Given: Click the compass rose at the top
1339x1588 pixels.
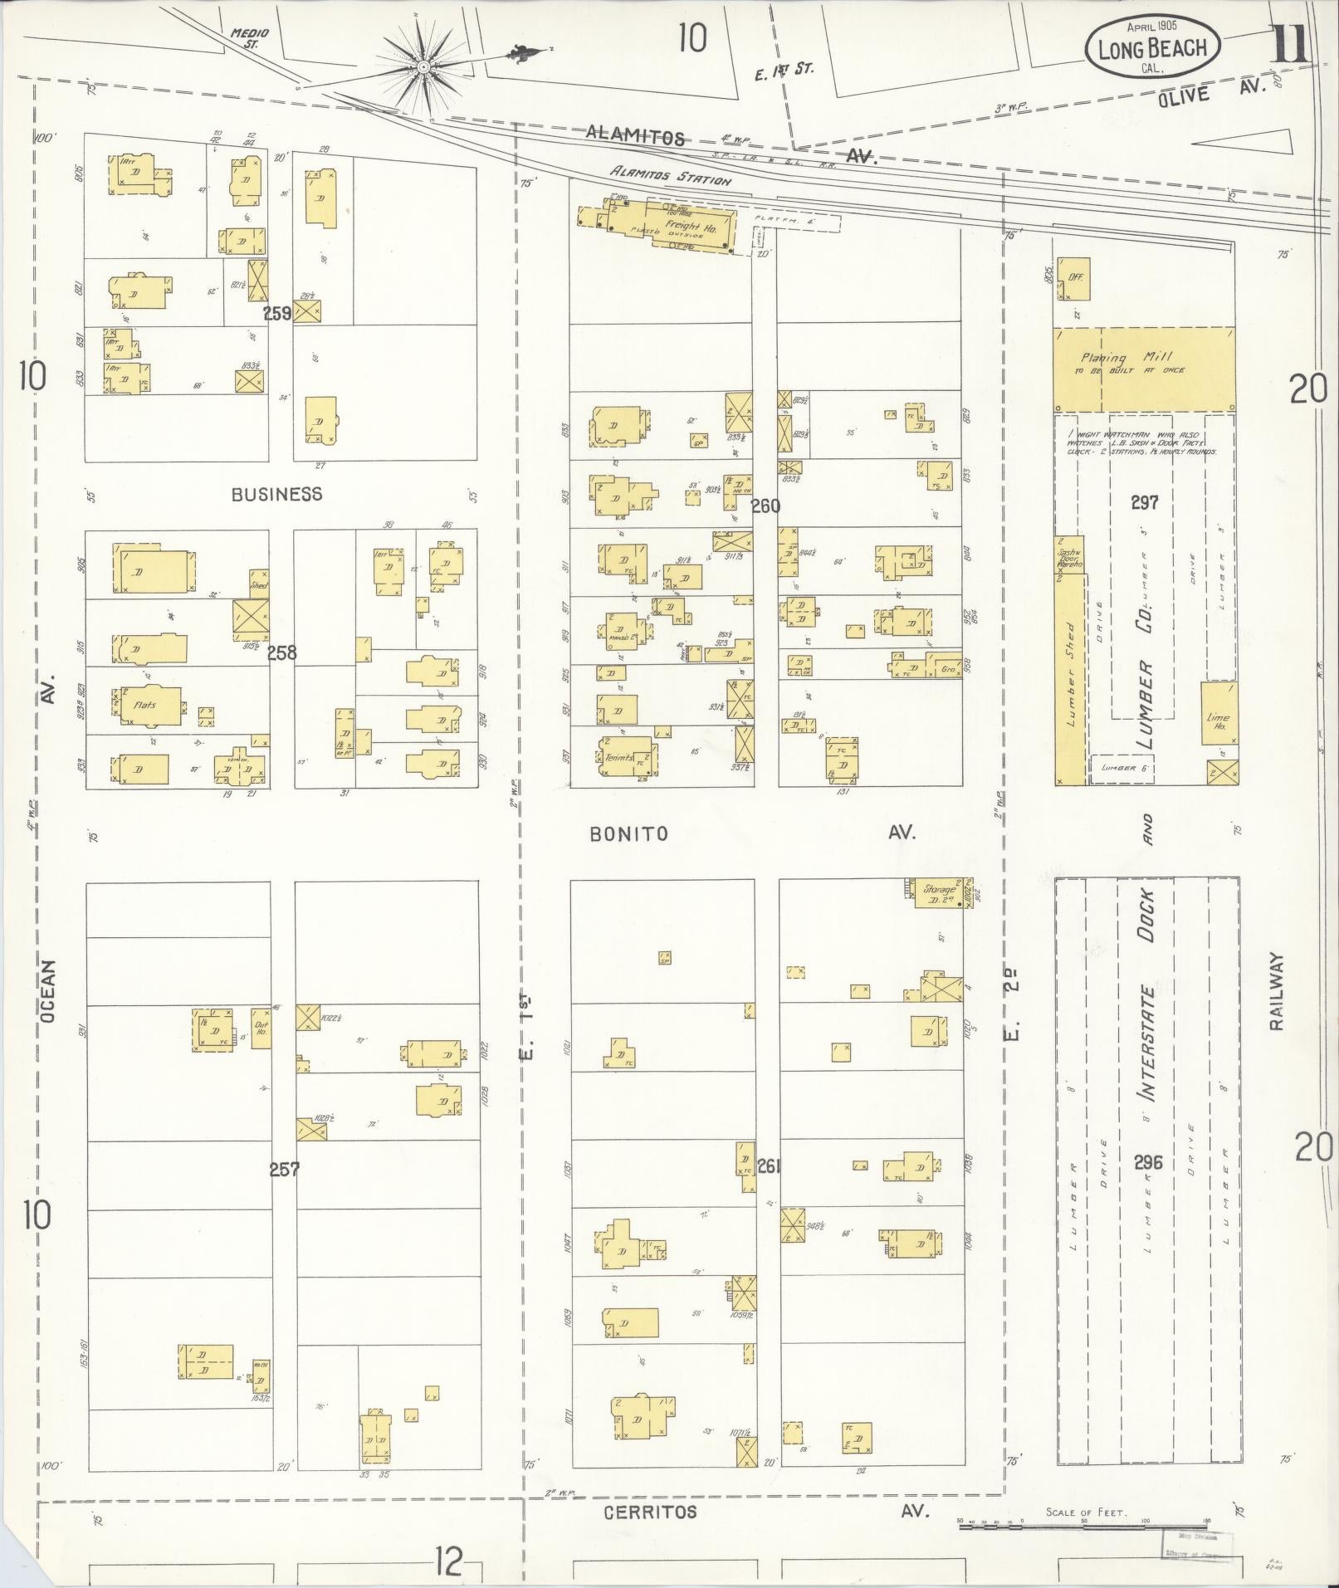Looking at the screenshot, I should click(x=423, y=66).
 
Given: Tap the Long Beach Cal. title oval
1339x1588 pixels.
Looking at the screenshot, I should click(x=1152, y=48).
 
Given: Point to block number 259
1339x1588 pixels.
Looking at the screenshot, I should click(x=277, y=314).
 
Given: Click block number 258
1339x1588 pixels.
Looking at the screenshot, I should click(x=281, y=652).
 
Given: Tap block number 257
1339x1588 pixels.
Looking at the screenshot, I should click(x=284, y=1169).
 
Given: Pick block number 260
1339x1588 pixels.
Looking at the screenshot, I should click(x=765, y=506).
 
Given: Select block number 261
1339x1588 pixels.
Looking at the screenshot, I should click(x=769, y=1166).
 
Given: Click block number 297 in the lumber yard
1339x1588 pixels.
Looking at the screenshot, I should click(x=1143, y=502).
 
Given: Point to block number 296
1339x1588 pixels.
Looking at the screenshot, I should click(x=1148, y=1161).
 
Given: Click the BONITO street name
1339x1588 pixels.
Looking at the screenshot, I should click(x=628, y=833).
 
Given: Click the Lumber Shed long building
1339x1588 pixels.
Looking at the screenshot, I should click(x=1070, y=677).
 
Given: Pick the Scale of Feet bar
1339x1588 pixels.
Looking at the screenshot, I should click(x=1083, y=1524).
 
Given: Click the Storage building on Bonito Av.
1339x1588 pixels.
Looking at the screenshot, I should click(x=939, y=892).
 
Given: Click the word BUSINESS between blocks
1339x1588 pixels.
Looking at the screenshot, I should click(x=276, y=494).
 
